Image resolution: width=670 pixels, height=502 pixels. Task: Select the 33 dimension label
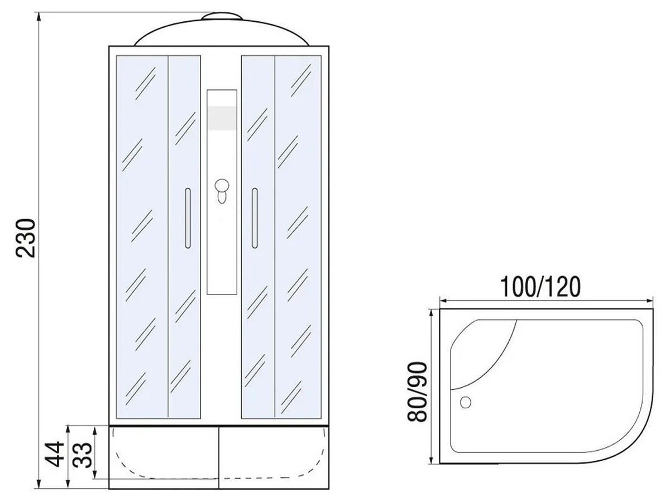tap(83, 455)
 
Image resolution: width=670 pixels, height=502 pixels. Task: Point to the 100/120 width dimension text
tap(540, 287)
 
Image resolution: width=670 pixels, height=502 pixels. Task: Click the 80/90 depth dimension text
tap(417, 392)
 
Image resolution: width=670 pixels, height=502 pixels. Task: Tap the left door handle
tap(188, 218)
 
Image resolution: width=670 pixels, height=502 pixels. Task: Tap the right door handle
tap(255, 218)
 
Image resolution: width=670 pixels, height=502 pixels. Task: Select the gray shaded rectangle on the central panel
tap(222, 118)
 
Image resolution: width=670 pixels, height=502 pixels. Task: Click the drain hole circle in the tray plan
tap(465, 402)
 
